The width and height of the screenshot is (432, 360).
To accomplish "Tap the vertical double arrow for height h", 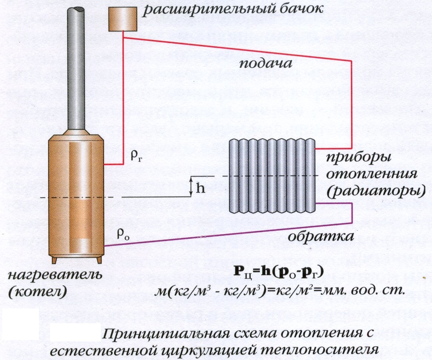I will click(x=191, y=186).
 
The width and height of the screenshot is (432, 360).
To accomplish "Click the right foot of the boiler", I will click(x=99, y=260).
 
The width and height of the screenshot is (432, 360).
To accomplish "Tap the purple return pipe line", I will click(x=222, y=234).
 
